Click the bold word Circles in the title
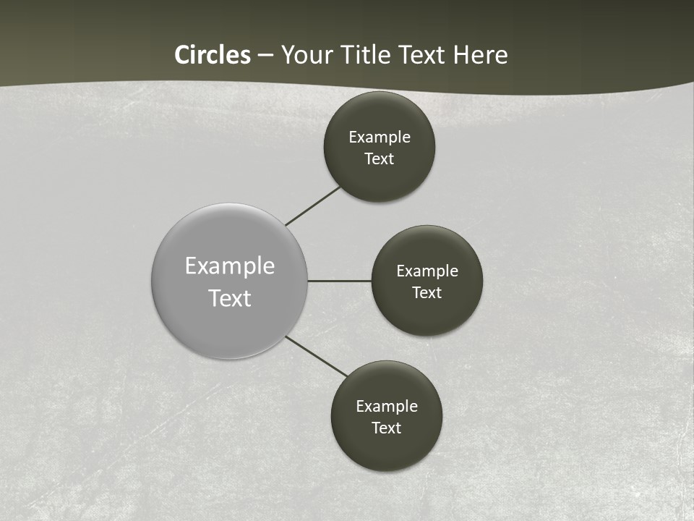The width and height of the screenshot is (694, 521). point(213,55)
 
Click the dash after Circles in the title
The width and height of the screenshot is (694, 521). point(265,56)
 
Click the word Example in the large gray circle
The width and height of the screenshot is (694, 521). point(230,266)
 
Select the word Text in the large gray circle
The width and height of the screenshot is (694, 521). point(230,298)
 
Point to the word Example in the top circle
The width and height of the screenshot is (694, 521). point(380,137)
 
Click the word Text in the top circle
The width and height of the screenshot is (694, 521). point(380,159)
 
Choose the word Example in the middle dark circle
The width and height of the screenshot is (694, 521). point(427,271)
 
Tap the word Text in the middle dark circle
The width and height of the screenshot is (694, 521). point(427,293)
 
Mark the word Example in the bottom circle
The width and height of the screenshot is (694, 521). point(387,407)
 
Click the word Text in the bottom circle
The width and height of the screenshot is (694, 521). point(387,428)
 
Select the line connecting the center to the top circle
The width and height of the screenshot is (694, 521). point(312,206)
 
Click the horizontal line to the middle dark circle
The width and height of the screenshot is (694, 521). point(340,281)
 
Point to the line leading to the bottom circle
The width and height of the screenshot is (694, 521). point(317,357)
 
